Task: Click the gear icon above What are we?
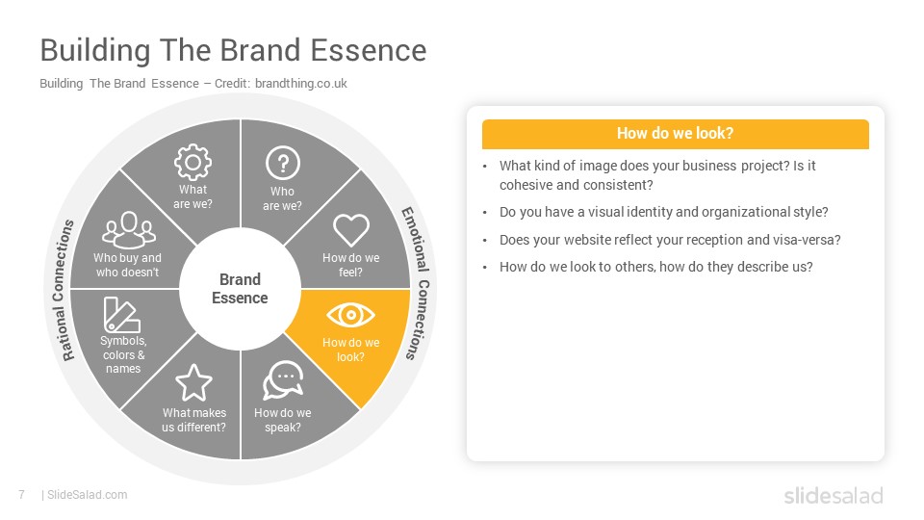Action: coord(192,162)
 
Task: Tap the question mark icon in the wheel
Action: coord(283,163)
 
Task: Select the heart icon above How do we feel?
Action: coord(350,229)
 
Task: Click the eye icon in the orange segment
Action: coord(350,315)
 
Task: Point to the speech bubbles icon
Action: coord(283,379)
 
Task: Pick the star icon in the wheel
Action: coord(193,382)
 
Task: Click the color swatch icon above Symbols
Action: coord(121,315)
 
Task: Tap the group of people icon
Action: coord(128,230)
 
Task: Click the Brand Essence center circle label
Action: coord(240,288)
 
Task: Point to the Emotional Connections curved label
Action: coord(418,283)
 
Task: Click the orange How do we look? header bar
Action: coord(676,134)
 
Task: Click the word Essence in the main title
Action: coord(369,50)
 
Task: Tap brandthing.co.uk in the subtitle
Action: coord(301,83)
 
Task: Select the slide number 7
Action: coord(22,495)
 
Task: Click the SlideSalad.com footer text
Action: coord(88,495)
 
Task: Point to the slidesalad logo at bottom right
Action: coord(834,495)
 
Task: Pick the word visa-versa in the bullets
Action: coord(810,240)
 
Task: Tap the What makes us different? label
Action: coord(193,420)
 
